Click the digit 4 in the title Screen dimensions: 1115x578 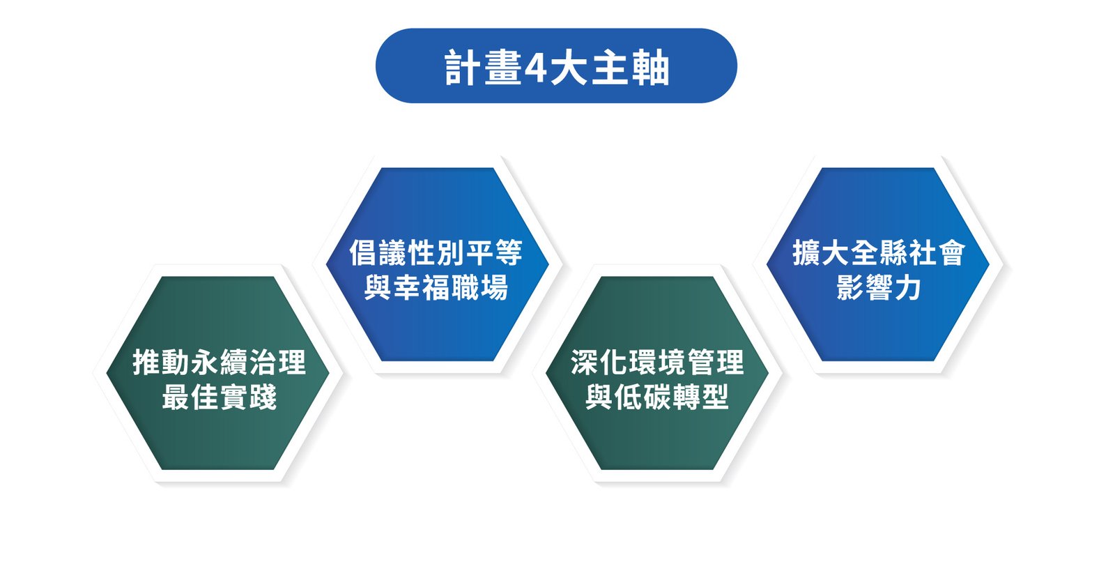[536, 67]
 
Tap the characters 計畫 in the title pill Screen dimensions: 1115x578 [483, 67]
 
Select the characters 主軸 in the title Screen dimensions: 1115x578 [630, 67]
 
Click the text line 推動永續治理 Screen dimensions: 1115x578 [219, 362]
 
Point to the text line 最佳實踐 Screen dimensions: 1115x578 [219, 397]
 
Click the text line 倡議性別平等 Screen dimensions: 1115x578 [436, 252]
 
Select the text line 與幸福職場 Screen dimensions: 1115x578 [436, 288]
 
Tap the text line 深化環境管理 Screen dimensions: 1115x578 [657, 362]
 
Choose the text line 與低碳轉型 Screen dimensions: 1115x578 [657, 397]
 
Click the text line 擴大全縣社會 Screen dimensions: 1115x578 [879, 252]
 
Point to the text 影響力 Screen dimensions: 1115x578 [879, 288]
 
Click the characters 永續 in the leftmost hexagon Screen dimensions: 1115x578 [219, 362]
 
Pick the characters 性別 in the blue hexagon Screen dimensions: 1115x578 [436, 252]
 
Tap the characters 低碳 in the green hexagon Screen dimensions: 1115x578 [643, 397]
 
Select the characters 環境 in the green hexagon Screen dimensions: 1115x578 [657, 362]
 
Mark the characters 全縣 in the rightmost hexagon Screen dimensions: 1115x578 [879, 252]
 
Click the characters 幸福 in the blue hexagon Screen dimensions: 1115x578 [422, 288]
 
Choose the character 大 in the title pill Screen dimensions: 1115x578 [569, 67]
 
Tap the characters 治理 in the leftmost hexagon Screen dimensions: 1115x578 [277, 362]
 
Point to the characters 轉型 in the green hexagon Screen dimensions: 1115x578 [701, 397]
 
